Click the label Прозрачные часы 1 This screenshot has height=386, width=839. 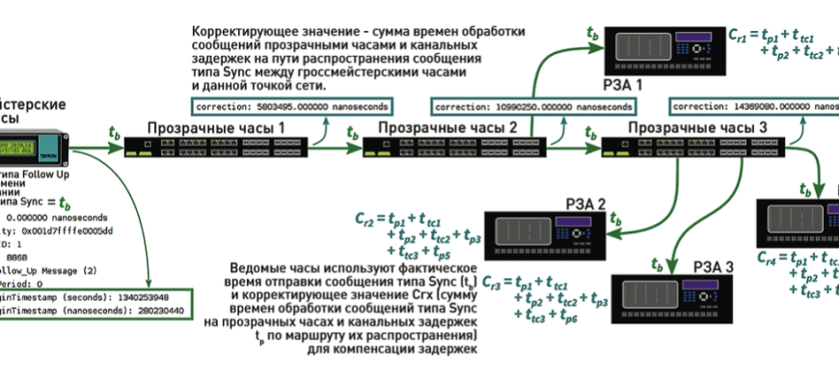216,127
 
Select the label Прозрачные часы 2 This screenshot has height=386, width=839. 447,127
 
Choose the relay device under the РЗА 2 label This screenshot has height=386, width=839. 551,235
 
